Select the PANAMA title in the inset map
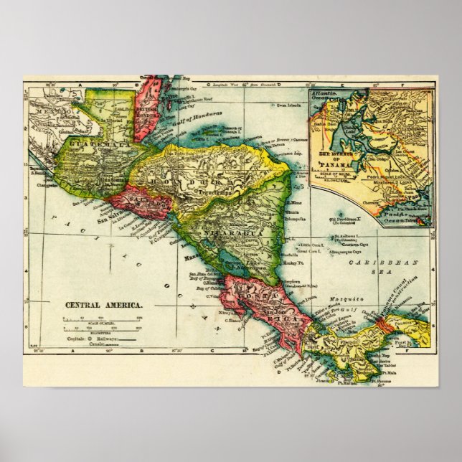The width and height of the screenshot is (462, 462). point(336,170)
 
